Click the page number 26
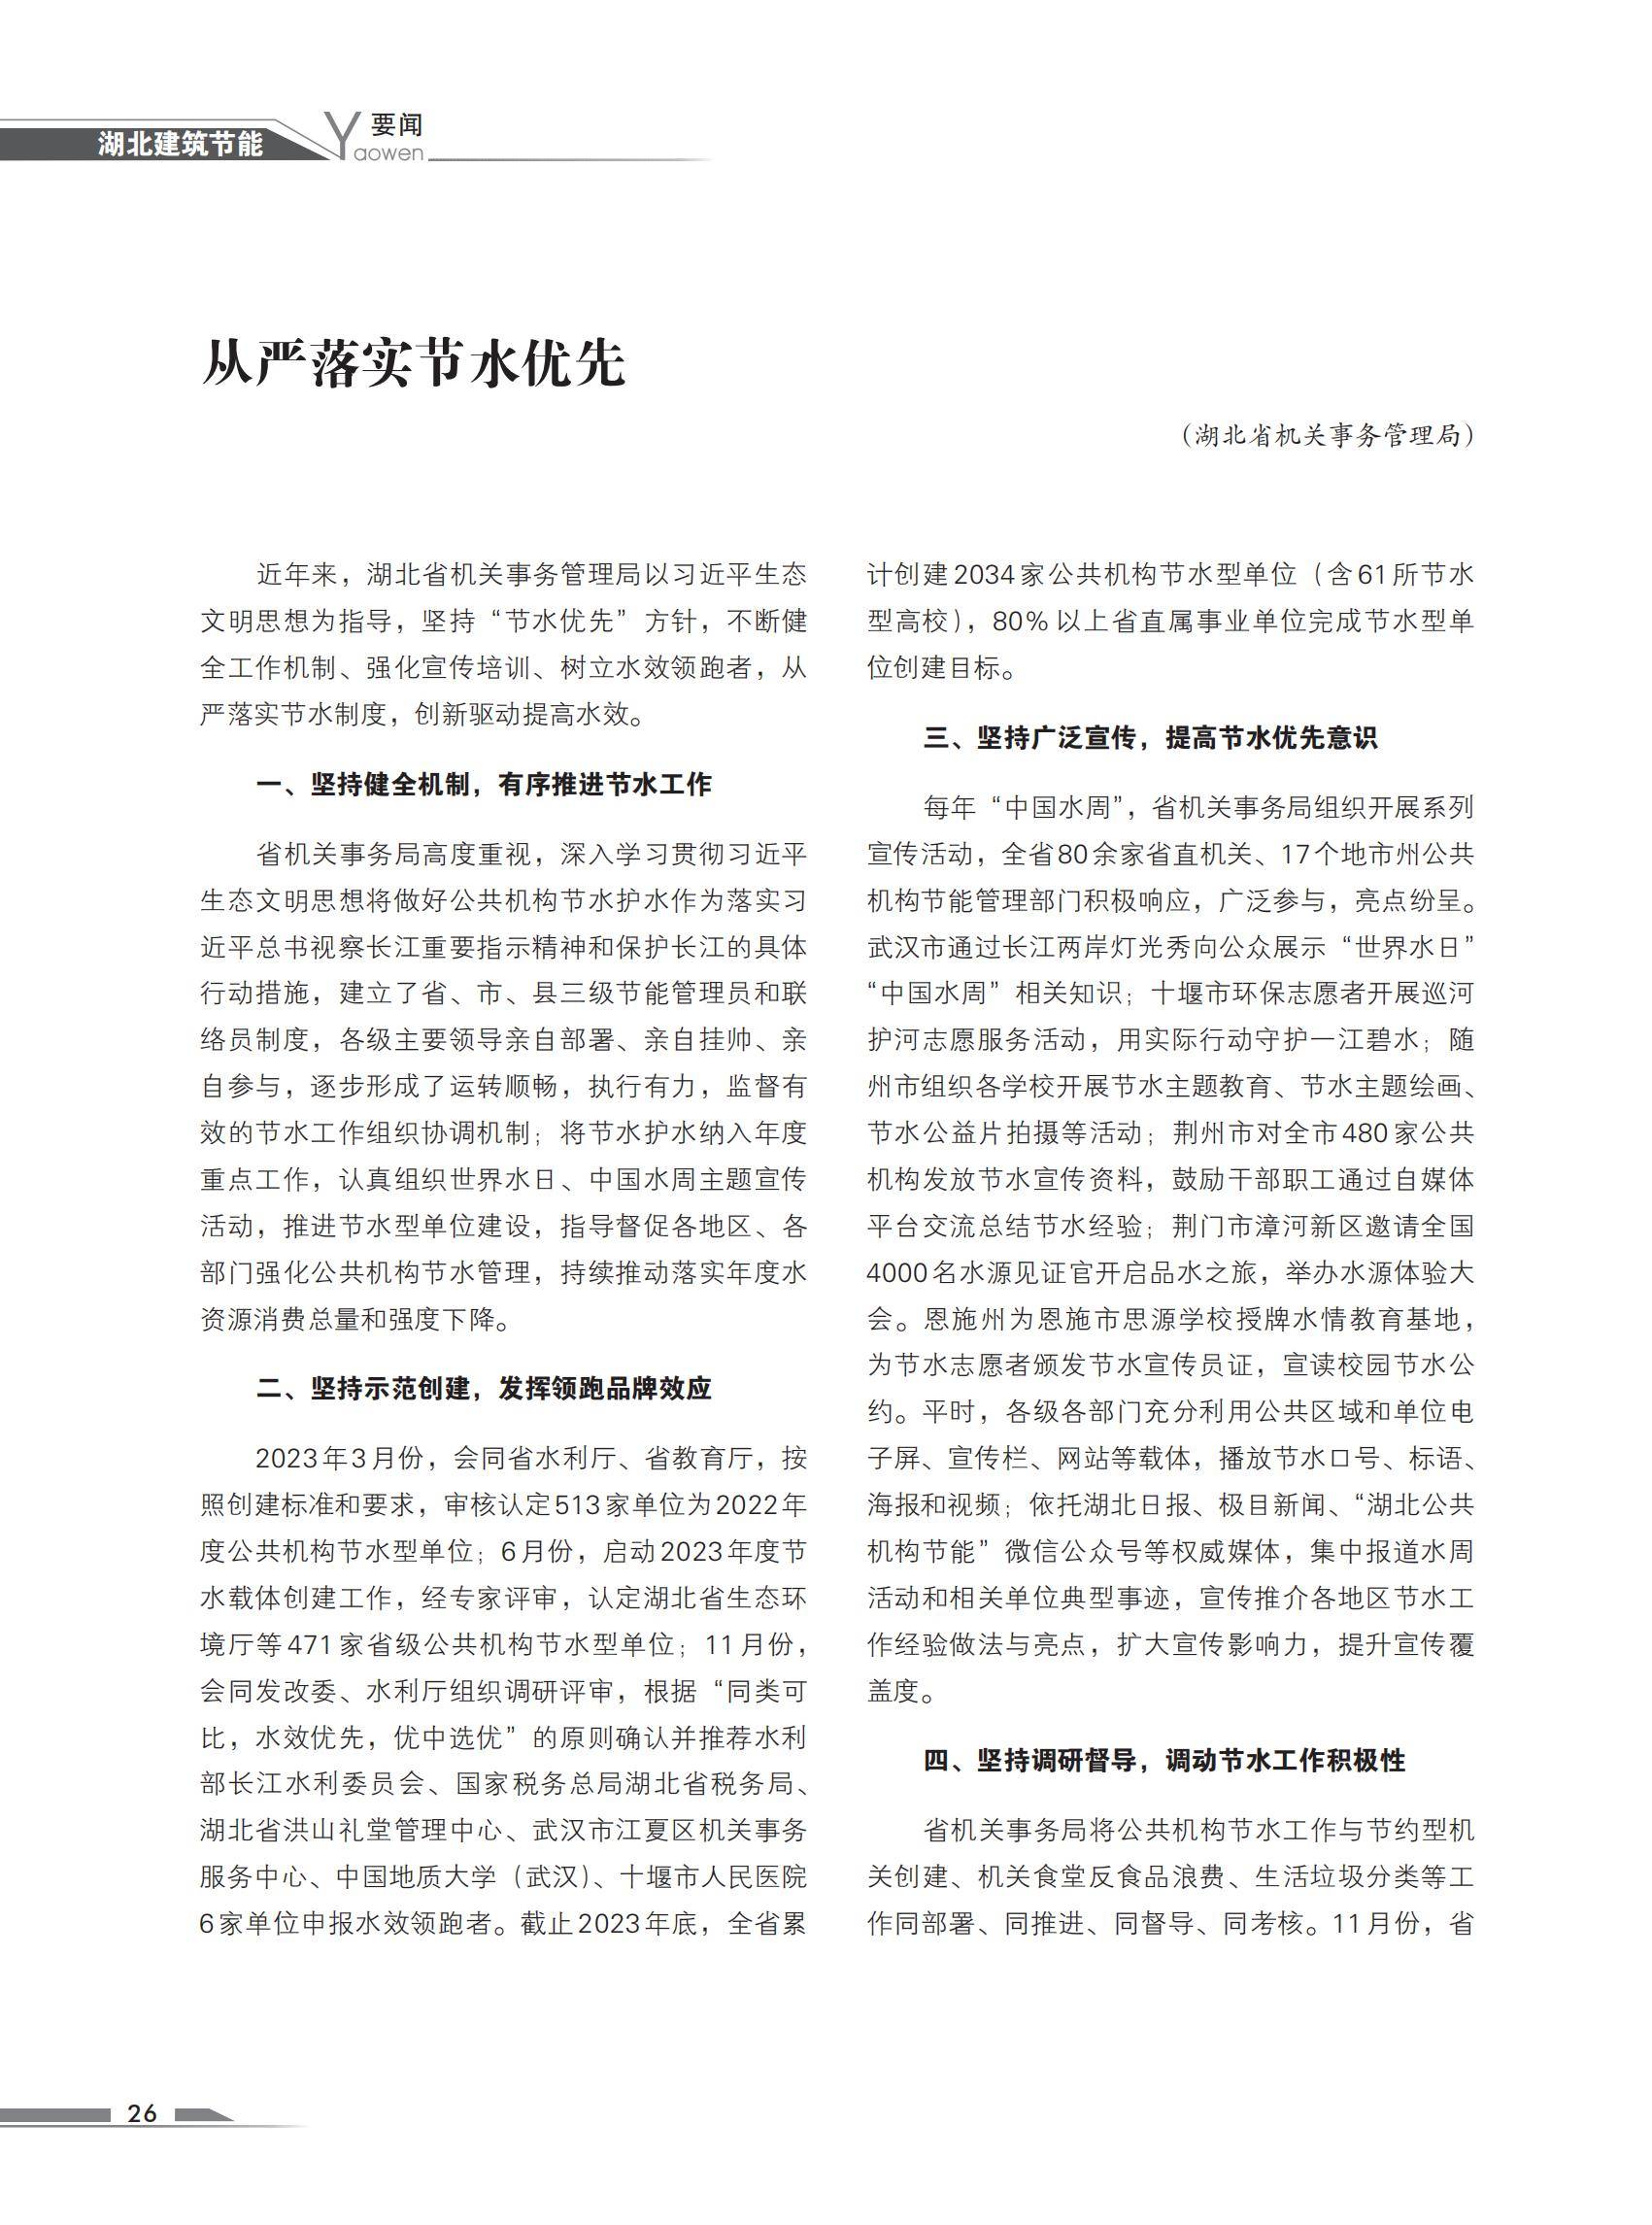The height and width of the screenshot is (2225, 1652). click(x=142, y=2112)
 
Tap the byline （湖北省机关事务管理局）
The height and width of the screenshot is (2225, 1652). click(x=1327, y=436)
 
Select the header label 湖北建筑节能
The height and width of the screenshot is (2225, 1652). click(x=180, y=144)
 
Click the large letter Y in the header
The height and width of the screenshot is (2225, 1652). click(x=343, y=133)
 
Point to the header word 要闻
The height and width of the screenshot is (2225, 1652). click(x=397, y=125)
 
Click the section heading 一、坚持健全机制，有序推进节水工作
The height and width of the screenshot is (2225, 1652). click(x=484, y=785)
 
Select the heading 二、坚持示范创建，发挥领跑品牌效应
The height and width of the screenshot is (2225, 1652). click(x=484, y=1389)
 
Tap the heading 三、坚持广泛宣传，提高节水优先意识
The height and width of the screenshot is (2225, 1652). click(x=1150, y=738)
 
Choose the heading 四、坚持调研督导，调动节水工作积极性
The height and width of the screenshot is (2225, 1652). click(x=1164, y=1760)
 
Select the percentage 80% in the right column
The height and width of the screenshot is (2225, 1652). click(x=1019, y=621)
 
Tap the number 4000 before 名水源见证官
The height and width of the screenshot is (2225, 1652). click(x=898, y=1273)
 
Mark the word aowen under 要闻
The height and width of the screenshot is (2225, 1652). click(x=389, y=154)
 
